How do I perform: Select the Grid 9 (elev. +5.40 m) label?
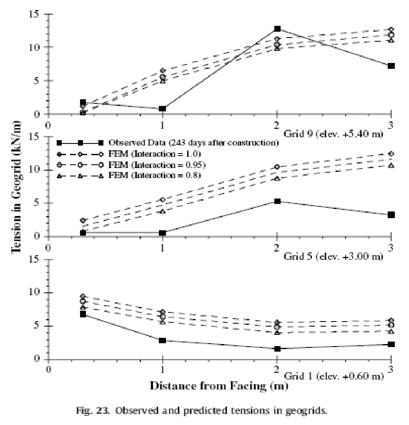(x=333, y=134)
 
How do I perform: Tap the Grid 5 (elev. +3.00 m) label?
(x=333, y=256)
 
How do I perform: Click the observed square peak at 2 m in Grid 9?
(x=277, y=29)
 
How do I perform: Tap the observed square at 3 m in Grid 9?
(x=391, y=66)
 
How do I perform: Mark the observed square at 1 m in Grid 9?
(x=163, y=109)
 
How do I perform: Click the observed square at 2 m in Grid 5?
(x=277, y=201)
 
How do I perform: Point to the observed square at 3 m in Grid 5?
(x=391, y=215)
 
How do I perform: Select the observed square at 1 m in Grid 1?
(x=163, y=340)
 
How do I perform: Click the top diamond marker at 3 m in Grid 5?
(x=391, y=154)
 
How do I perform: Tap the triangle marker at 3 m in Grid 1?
(x=391, y=332)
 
